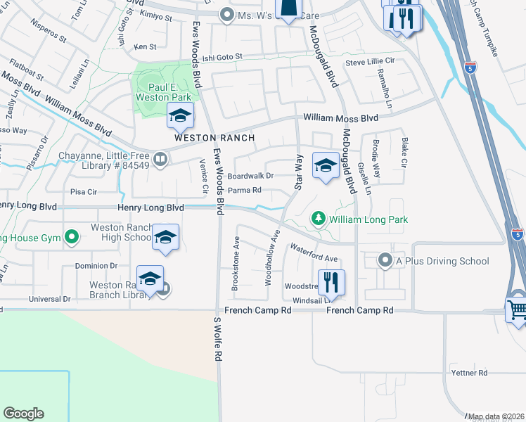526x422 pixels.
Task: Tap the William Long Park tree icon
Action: pyautogui.click(x=319, y=219)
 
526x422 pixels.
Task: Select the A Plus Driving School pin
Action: pyautogui.click(x=385, y=261)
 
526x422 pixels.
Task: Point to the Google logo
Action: pyautogui.click(x=23, y=414)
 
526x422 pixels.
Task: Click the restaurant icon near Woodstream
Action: pyautogui.click(x=331, y=283)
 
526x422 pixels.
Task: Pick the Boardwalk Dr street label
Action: pyautogui.click(x=250, y=176)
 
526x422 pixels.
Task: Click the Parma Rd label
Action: pyautogui.click(x=244, y=190)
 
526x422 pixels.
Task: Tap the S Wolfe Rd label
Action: pyautogui.click(x=217, y=339)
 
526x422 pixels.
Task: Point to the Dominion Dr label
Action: pyautogui.click(x=96, y=266)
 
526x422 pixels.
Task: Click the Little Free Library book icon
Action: pyautogui.click(x=161, y=160)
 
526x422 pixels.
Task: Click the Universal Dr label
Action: pyautogui.click(x=50, y=299)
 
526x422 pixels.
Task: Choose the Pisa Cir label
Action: pyautogui.click(x=84, y=191)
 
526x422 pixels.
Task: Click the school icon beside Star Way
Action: pyautogui.click(x=325, y=165)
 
